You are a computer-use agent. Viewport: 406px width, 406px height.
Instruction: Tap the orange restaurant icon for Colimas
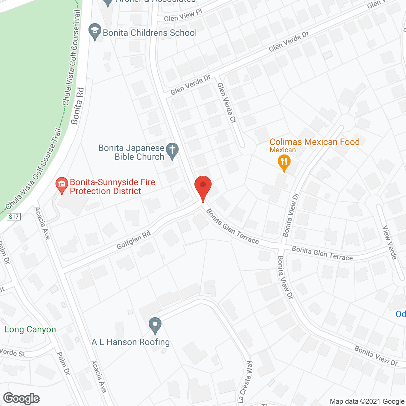coord(284,162)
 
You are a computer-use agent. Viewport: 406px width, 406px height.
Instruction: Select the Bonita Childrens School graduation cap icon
coord(95,31)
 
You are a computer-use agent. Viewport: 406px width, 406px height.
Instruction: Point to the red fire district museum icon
coord(62,185)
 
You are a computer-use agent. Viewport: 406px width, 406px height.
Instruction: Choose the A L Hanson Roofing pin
coord(155,325)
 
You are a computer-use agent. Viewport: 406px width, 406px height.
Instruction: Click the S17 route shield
coord(14,217)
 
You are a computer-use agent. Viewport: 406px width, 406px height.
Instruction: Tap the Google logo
coord(22,398)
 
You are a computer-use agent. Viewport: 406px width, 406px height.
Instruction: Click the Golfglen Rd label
coord(134,240)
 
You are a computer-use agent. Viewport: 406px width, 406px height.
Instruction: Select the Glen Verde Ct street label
coord(227,103)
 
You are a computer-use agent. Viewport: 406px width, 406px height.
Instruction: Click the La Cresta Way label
coord(246,382)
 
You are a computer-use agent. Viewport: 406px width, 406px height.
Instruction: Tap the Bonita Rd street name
coord(78,106)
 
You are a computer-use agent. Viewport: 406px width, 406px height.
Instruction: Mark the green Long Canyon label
coord(30,330)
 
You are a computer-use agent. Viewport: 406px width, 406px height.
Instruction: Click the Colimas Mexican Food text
coord(315,142)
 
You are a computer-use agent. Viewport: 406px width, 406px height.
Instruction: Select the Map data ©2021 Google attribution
coord(367,402)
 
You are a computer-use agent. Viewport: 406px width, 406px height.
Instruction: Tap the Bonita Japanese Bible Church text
coord(132,152)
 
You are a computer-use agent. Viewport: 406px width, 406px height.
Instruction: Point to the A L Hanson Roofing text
coord(131,342)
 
